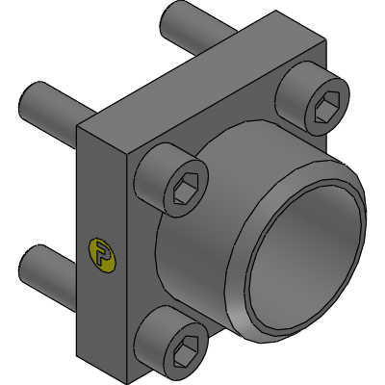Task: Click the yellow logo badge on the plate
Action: (100, 253)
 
